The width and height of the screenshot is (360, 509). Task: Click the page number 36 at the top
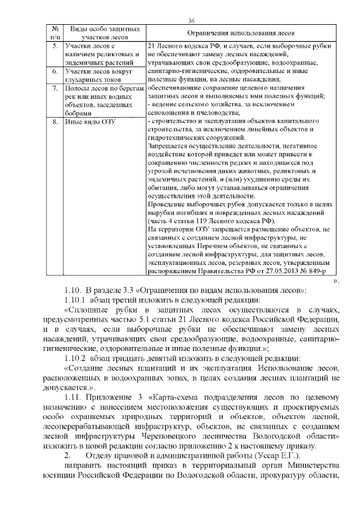(191, 21)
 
